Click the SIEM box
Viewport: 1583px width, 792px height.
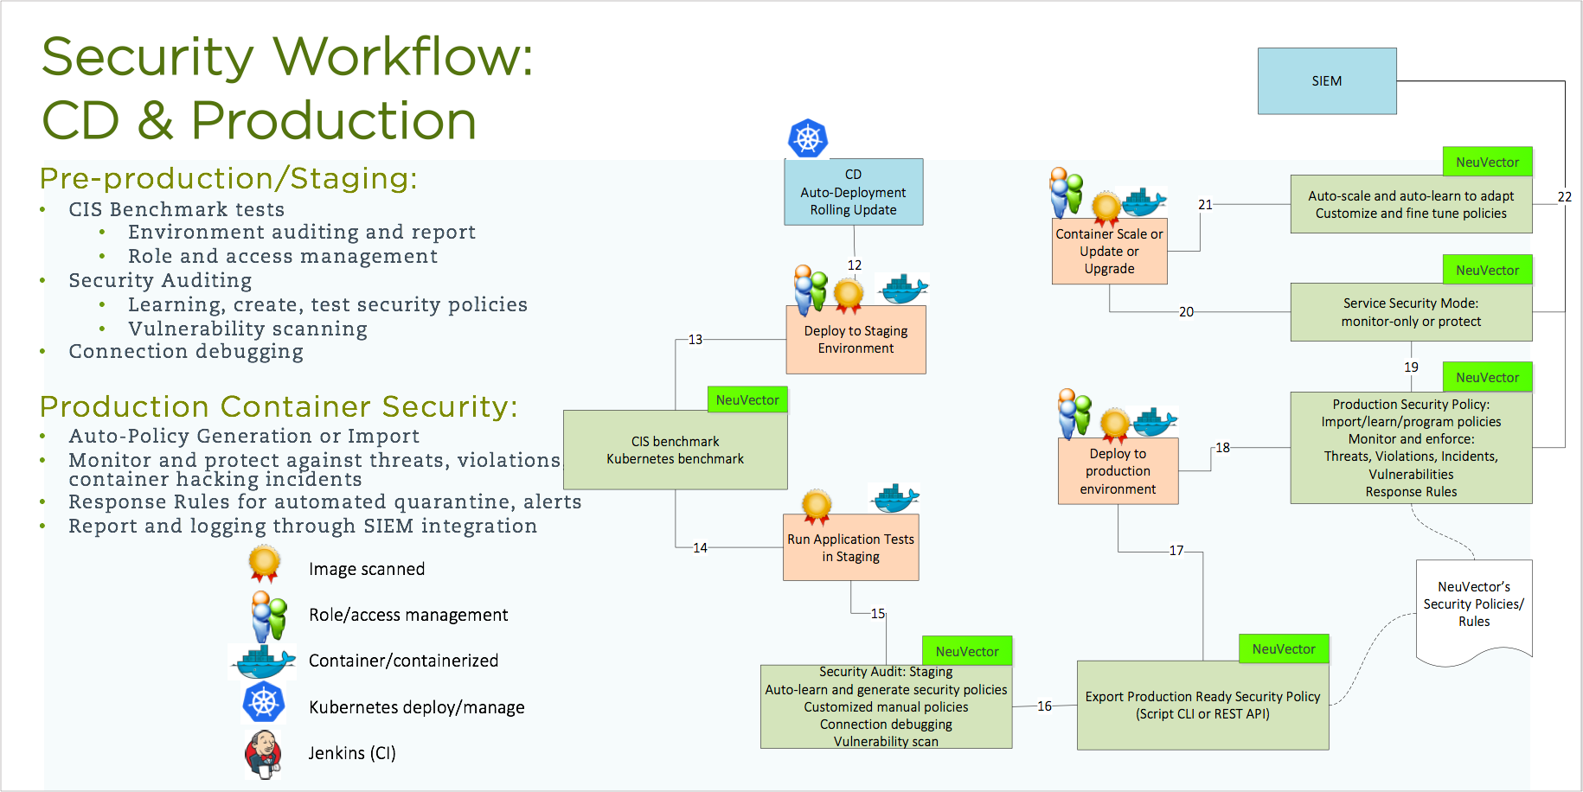tap(1326, 81)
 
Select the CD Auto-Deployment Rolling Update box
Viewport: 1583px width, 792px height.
tap(853, 192)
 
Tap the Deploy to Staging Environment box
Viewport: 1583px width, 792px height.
tap(856, 340)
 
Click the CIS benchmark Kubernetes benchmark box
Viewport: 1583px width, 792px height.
tap(675, 450)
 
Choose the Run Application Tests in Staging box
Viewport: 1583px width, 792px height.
tap(850, 548)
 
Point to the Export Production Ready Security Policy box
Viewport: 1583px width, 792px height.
tap(1202, 706)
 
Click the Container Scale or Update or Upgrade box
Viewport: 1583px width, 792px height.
tap(1109, 252)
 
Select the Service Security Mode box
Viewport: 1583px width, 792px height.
tap(1411, 312)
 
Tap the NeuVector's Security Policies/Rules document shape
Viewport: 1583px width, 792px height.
tap(1474, 605)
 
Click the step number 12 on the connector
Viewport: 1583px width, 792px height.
tap(855, 265)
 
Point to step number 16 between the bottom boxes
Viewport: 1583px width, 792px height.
tap(1044, 706)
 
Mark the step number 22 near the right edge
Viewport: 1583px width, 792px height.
tap(1565, 197)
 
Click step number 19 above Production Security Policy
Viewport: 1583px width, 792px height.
tap(1411, 367)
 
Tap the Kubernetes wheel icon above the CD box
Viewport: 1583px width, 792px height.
tap(808, 138)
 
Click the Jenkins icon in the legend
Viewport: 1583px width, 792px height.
tap(263, 754)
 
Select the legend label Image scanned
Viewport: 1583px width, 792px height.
tap(367, 569)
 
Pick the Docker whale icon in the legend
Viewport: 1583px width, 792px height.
tap(263, 661)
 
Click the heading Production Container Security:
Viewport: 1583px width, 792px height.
tap(279, 406)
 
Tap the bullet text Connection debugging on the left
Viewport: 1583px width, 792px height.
tap(186, 352)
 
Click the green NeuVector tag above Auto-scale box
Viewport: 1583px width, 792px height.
tap(1487, 163)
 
